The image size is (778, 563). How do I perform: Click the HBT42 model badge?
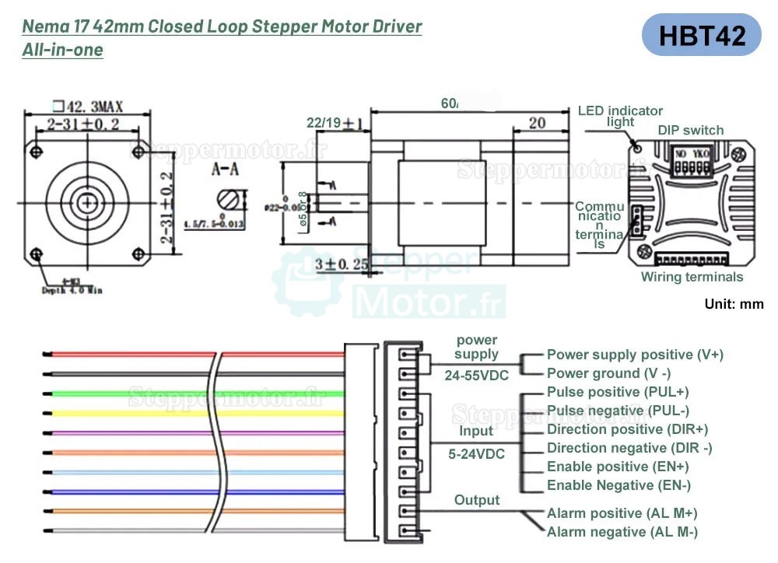pos(702,35)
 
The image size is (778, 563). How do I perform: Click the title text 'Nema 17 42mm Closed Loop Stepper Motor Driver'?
pos(223,26)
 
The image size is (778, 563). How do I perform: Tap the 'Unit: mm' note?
pos(734,304)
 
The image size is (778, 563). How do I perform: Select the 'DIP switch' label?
pos(690,130)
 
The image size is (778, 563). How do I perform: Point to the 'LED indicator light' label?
pos(620,116)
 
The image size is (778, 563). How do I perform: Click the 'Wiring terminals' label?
pos(692,277)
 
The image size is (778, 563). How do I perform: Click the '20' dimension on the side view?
pos(537,123)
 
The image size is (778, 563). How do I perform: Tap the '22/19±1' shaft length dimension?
pos(335,124)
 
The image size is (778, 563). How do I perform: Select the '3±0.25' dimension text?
pos(340,264)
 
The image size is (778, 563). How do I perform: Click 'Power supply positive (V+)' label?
pos(635,355)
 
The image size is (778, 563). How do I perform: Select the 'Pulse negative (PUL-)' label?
pos(618,411)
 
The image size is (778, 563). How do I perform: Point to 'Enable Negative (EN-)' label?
pos(619,485)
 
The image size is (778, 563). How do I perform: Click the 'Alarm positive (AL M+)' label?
pos(622,513)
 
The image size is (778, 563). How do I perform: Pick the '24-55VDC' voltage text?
pos(477,376)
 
